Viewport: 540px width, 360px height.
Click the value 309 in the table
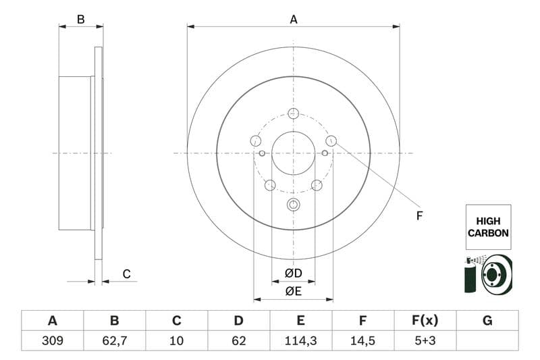52,340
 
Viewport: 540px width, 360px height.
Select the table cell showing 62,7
114,340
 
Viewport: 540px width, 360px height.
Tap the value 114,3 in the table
301,340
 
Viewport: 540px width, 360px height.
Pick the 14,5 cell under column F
363,340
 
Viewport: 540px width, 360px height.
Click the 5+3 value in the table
425,340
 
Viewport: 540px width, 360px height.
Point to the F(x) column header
425,320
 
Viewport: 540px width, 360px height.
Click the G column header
487,320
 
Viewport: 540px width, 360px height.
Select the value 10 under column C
176,340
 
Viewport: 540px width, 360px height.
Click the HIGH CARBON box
487,227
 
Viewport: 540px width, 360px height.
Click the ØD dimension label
292,274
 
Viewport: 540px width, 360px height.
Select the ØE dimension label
292,292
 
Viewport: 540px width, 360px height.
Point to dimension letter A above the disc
293,20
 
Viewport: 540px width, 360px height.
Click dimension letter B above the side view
80,20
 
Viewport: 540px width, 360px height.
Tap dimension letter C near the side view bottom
126,274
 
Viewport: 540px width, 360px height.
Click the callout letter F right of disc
418,216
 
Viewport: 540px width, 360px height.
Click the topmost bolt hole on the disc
293,113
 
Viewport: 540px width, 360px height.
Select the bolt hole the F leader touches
331,140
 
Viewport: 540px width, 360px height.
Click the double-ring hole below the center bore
293,205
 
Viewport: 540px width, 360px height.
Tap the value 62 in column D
238,340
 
